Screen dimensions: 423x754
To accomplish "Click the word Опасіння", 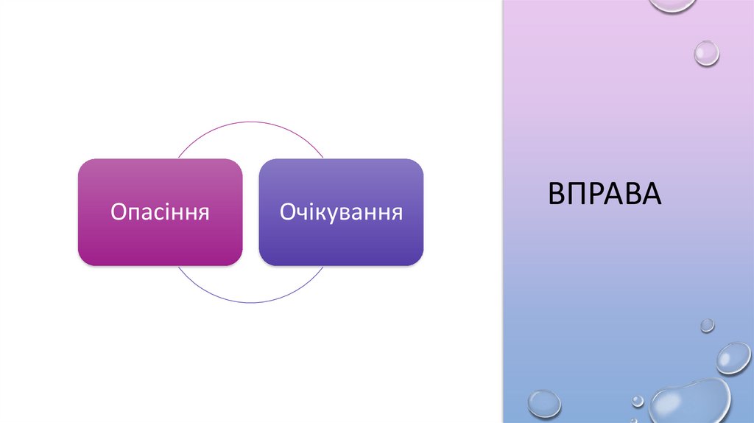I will (x=161, y=212).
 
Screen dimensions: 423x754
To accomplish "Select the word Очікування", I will (x=341, y=212).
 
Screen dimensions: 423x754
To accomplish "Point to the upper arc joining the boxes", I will (x=250, y=123).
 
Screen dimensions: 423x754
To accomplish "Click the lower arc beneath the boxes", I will (x=250, y=302).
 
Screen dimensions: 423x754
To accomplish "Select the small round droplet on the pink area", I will (x=707, y=53).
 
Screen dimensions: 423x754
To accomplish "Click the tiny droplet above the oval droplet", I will (x=707, y=325).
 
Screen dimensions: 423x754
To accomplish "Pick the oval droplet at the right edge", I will (x=733, y=357).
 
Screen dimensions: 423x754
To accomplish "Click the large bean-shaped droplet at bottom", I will (x=688, y=402).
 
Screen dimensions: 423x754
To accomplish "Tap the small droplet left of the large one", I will (x=638, y=401).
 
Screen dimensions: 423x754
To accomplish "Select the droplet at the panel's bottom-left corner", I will (x=544, y=404).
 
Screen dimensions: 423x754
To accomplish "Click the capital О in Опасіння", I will (x=119, y=212).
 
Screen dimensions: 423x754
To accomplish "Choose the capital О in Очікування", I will (x=288, y=212).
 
